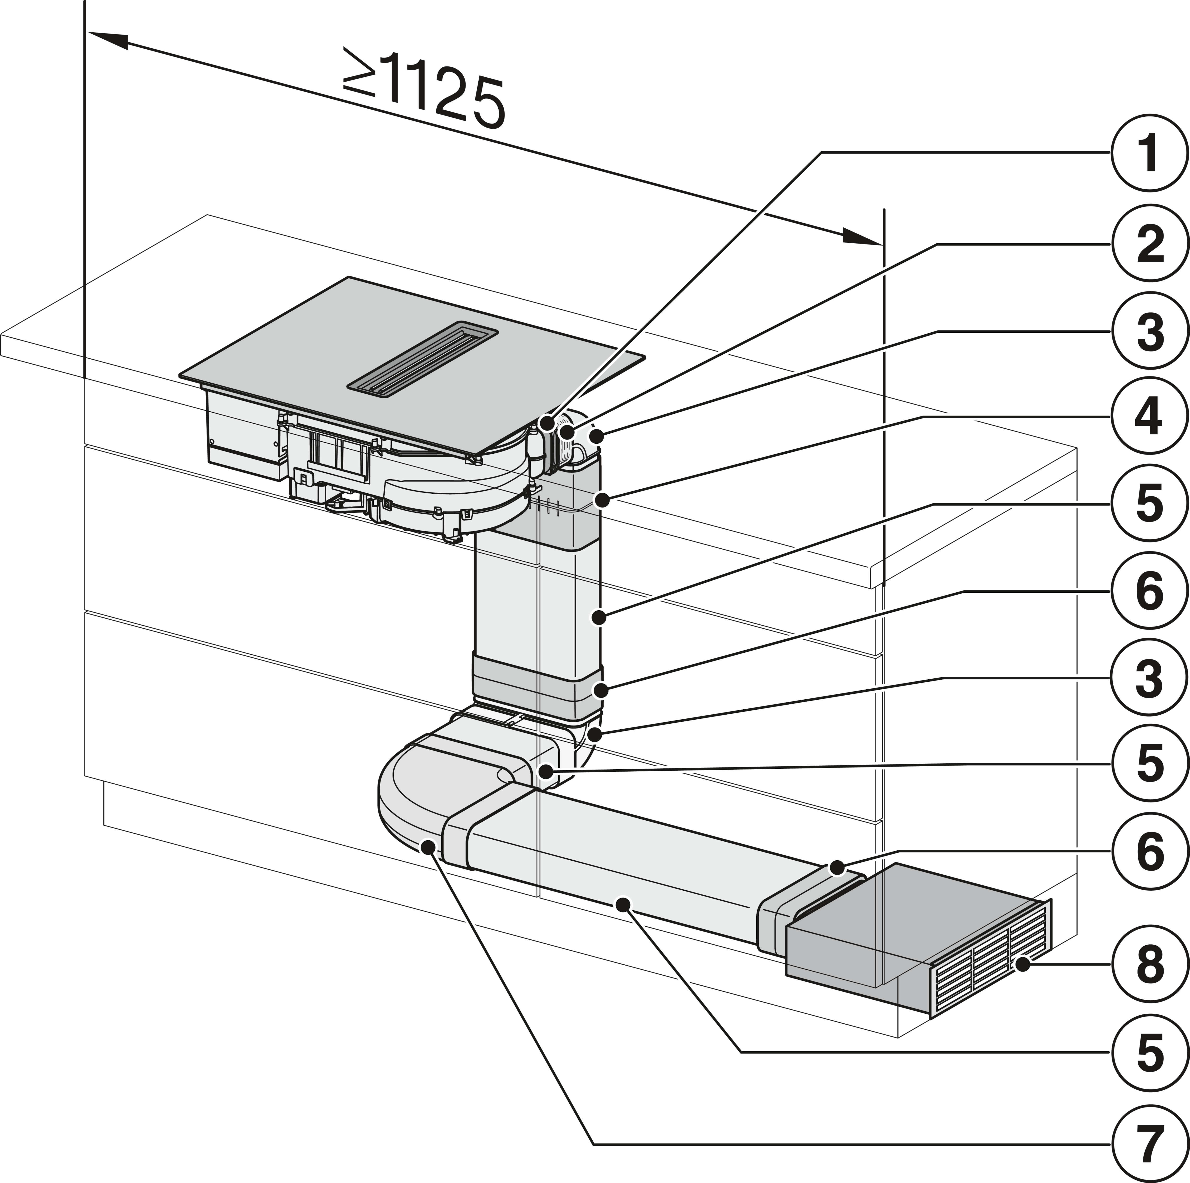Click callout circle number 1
point(1149,154)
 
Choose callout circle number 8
point(1149,964)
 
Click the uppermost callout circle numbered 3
point(1149,331)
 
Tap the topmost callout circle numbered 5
point(1149,504)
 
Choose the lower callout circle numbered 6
point(1149,852)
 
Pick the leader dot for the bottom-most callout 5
point(623,904)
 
